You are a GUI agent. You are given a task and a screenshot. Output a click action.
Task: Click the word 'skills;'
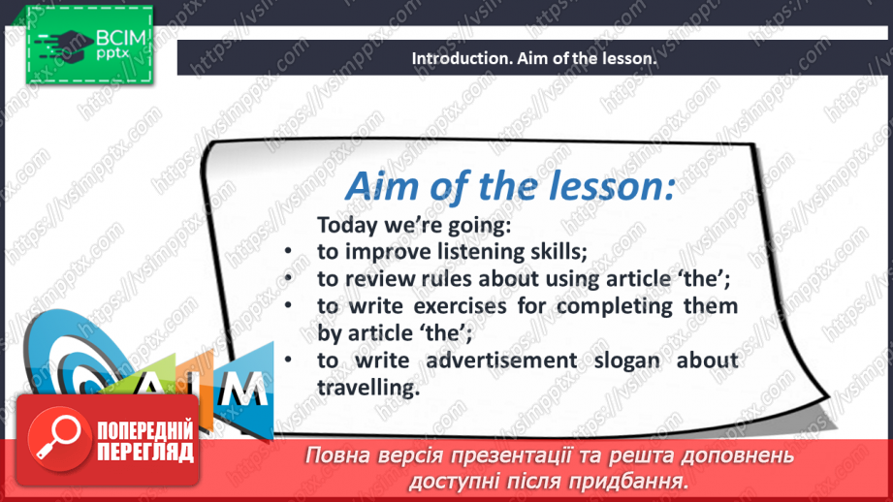click(x=559, y=252)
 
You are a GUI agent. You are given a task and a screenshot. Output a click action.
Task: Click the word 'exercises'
click(x=460, y=306)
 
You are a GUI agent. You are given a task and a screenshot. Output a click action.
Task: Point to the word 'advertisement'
click(x=501, y=361)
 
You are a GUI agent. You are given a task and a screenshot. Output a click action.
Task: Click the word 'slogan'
click(x=627, y=361)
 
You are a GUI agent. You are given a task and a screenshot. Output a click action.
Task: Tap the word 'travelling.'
click(x=368, y=388)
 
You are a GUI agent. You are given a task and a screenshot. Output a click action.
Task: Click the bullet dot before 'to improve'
click(x=288, y=251)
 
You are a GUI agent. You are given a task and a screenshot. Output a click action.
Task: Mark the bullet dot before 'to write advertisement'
click(x=288, y=360)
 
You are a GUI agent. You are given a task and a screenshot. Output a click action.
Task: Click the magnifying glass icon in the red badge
click(x=57, y=439)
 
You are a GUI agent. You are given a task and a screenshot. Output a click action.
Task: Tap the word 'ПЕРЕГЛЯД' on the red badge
click(x=145, y=453)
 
